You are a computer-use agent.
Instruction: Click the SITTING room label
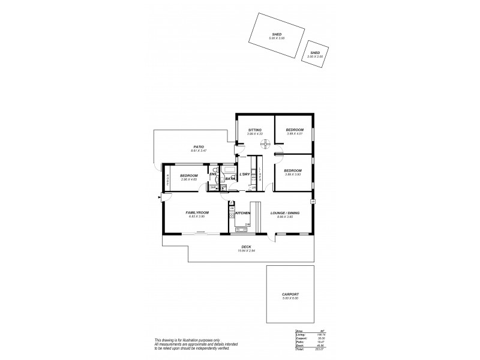pyautogui.click(x=254, y=130)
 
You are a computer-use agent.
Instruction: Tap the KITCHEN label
pyautogui.click(x=242, y=213)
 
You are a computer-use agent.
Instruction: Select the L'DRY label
pyautogui.click(x=244, y=175)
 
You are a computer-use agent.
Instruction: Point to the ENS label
pyautogui.click(x=213, y=175)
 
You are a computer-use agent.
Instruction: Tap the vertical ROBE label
pyautogui.click(x=167, y=178)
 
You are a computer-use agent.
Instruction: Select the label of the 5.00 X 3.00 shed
pyautogui.click(x=278, y=35)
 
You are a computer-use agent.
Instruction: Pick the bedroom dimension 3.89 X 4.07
pyautogui.click(x=294, y=134)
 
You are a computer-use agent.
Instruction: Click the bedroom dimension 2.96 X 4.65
pyautogui.click(x=189, y=179)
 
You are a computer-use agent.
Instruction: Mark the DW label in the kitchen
pyautogui.click(x=247, y=224)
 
